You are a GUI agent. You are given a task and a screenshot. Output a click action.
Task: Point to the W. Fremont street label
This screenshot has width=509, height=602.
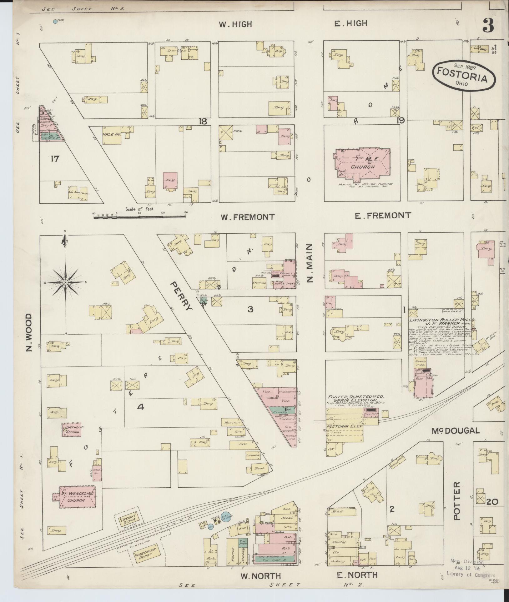(248, 217)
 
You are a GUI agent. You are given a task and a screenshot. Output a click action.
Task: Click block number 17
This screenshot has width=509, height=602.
(55, 159)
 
